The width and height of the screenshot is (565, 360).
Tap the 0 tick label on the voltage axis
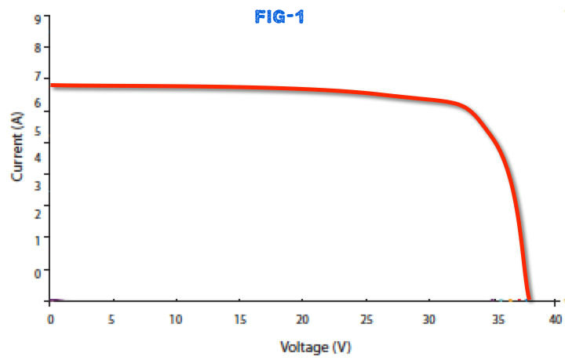(50, 319)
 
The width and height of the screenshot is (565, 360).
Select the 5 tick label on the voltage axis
(113, 319)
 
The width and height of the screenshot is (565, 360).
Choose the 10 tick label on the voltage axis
(176, 319)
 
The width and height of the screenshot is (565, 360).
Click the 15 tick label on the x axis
(239, 319)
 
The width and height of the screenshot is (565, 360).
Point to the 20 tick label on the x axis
(302, 319)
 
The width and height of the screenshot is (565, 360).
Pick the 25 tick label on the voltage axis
(366, 319)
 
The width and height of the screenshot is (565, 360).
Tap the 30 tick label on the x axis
(428, 319)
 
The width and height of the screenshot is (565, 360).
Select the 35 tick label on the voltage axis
(492, 319)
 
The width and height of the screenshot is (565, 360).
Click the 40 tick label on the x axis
(555, 319)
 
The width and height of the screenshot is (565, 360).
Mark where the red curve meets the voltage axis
(529, 300)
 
